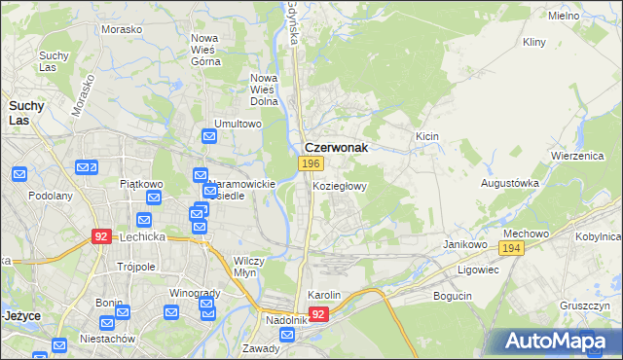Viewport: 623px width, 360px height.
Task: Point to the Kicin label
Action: (x=427, y=137)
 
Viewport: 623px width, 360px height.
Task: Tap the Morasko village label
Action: (x=122, y=29)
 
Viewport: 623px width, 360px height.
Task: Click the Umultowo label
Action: (x=239, y=125)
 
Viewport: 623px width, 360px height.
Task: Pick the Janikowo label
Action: (x=464, y=244)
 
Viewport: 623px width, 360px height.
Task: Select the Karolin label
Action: (x=324, y=295)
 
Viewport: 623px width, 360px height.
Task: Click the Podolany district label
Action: (x=51, y=196)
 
